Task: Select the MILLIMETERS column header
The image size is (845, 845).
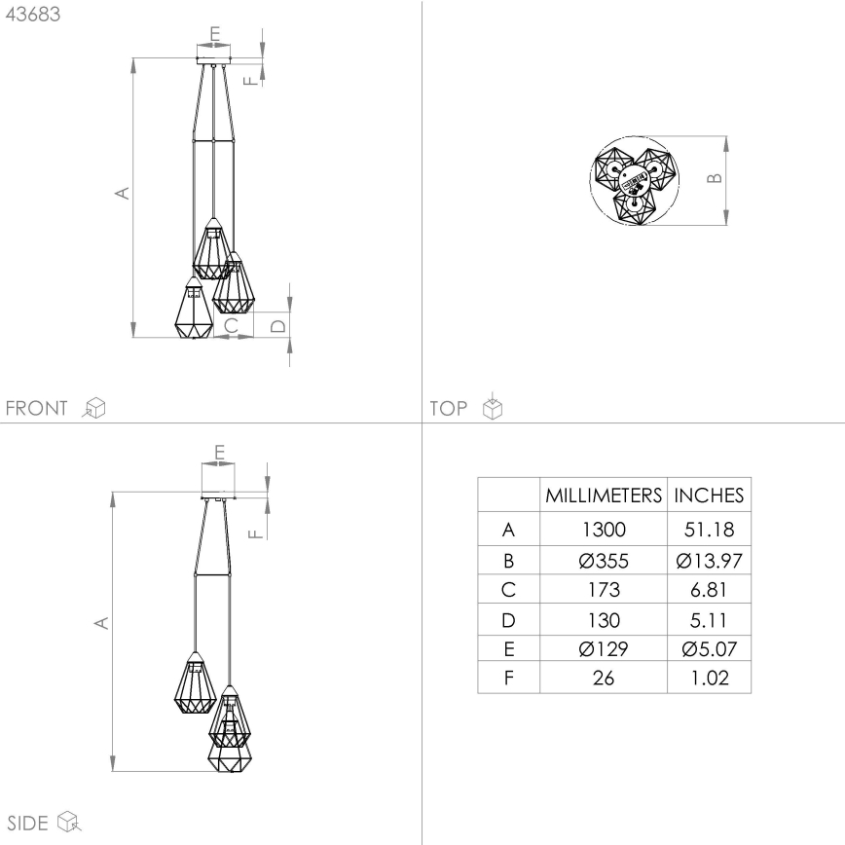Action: click(x=603, y=496)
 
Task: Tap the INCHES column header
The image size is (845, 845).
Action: click(x=710, y=496)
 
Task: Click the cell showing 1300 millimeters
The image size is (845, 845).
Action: click(x=603, y=531)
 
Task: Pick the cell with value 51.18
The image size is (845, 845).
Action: click(x=710, y=531)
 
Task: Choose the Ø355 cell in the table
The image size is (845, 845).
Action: click(x=603, y=561)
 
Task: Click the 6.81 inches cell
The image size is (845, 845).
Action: click(x=710, y=590)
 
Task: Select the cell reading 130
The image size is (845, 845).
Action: click(x=603, y=619)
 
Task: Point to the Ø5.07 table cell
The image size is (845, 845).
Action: click(x=710, y=648)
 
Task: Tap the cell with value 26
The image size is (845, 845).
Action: click(x=603, y=678)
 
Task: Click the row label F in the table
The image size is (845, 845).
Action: click(x=508, y=678)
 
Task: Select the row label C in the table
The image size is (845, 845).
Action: click(x=508, y=590)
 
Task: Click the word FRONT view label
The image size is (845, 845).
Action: click(x=37, y=408)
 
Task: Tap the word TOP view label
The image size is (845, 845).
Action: click(x=449, y=408)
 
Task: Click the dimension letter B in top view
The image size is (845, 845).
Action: click(x=714, y=179)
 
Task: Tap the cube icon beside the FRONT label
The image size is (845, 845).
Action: click(x=94, y=408)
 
